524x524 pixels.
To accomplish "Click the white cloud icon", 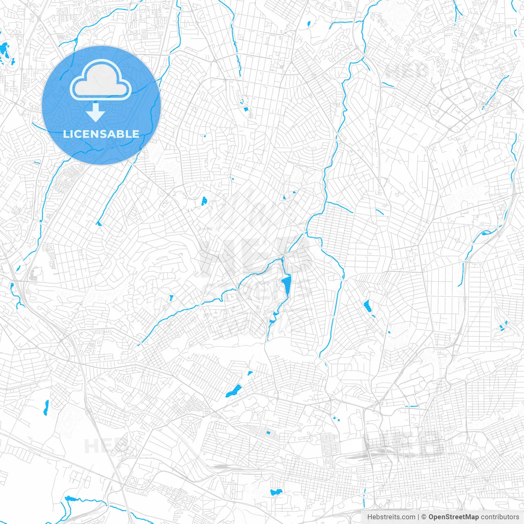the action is pyautogui.click(x=101, y=81).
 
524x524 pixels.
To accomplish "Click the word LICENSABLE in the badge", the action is pyautogui.click(x=101, y=134).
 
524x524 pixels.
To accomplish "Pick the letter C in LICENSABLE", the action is pyautogui.click(x=78, y=134).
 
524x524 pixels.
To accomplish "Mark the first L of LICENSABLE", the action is pyautogui.click(x=66, y=134).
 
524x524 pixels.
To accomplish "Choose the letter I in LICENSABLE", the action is pyautogui.click(x=72, y=134).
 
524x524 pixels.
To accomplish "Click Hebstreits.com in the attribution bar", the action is pyautogui.click(x=391, y=517).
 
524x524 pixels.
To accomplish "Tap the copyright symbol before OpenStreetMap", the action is pyautogui.click(x=424, y=517).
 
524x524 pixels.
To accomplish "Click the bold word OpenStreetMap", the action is pyautogui.click(x=454, y=517).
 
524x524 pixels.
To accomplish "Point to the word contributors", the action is pyautogui.click(x=500, y=517).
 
